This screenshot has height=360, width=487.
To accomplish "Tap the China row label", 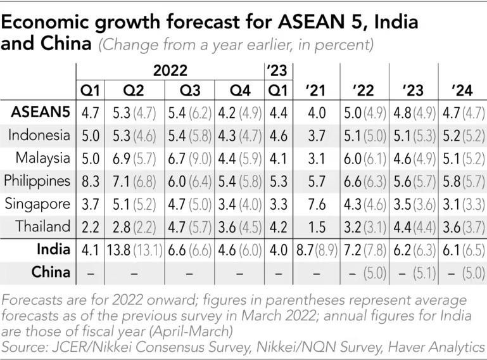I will [x=51, y=273].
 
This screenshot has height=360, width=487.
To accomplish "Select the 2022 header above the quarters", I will [x=170, y=69].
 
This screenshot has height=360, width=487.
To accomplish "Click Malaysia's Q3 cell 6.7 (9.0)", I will [x=189, y=158].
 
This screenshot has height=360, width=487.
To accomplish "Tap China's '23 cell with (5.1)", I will [x=413, y=273].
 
